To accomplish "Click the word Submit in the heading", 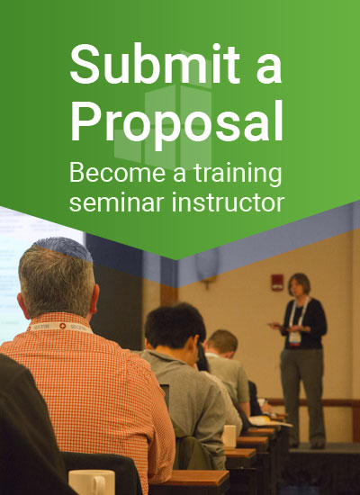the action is (155, 64).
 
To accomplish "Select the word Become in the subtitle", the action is (117, 173).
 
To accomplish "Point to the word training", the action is (238, 175).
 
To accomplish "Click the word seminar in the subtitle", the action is (118, 203).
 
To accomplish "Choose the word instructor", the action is (228, 202).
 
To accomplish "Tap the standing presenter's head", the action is (299, 284).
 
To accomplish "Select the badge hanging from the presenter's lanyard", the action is (295, 338).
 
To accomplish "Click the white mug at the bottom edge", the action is (92, 482).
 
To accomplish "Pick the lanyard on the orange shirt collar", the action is (60, 327).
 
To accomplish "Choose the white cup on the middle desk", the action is (229, 436).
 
